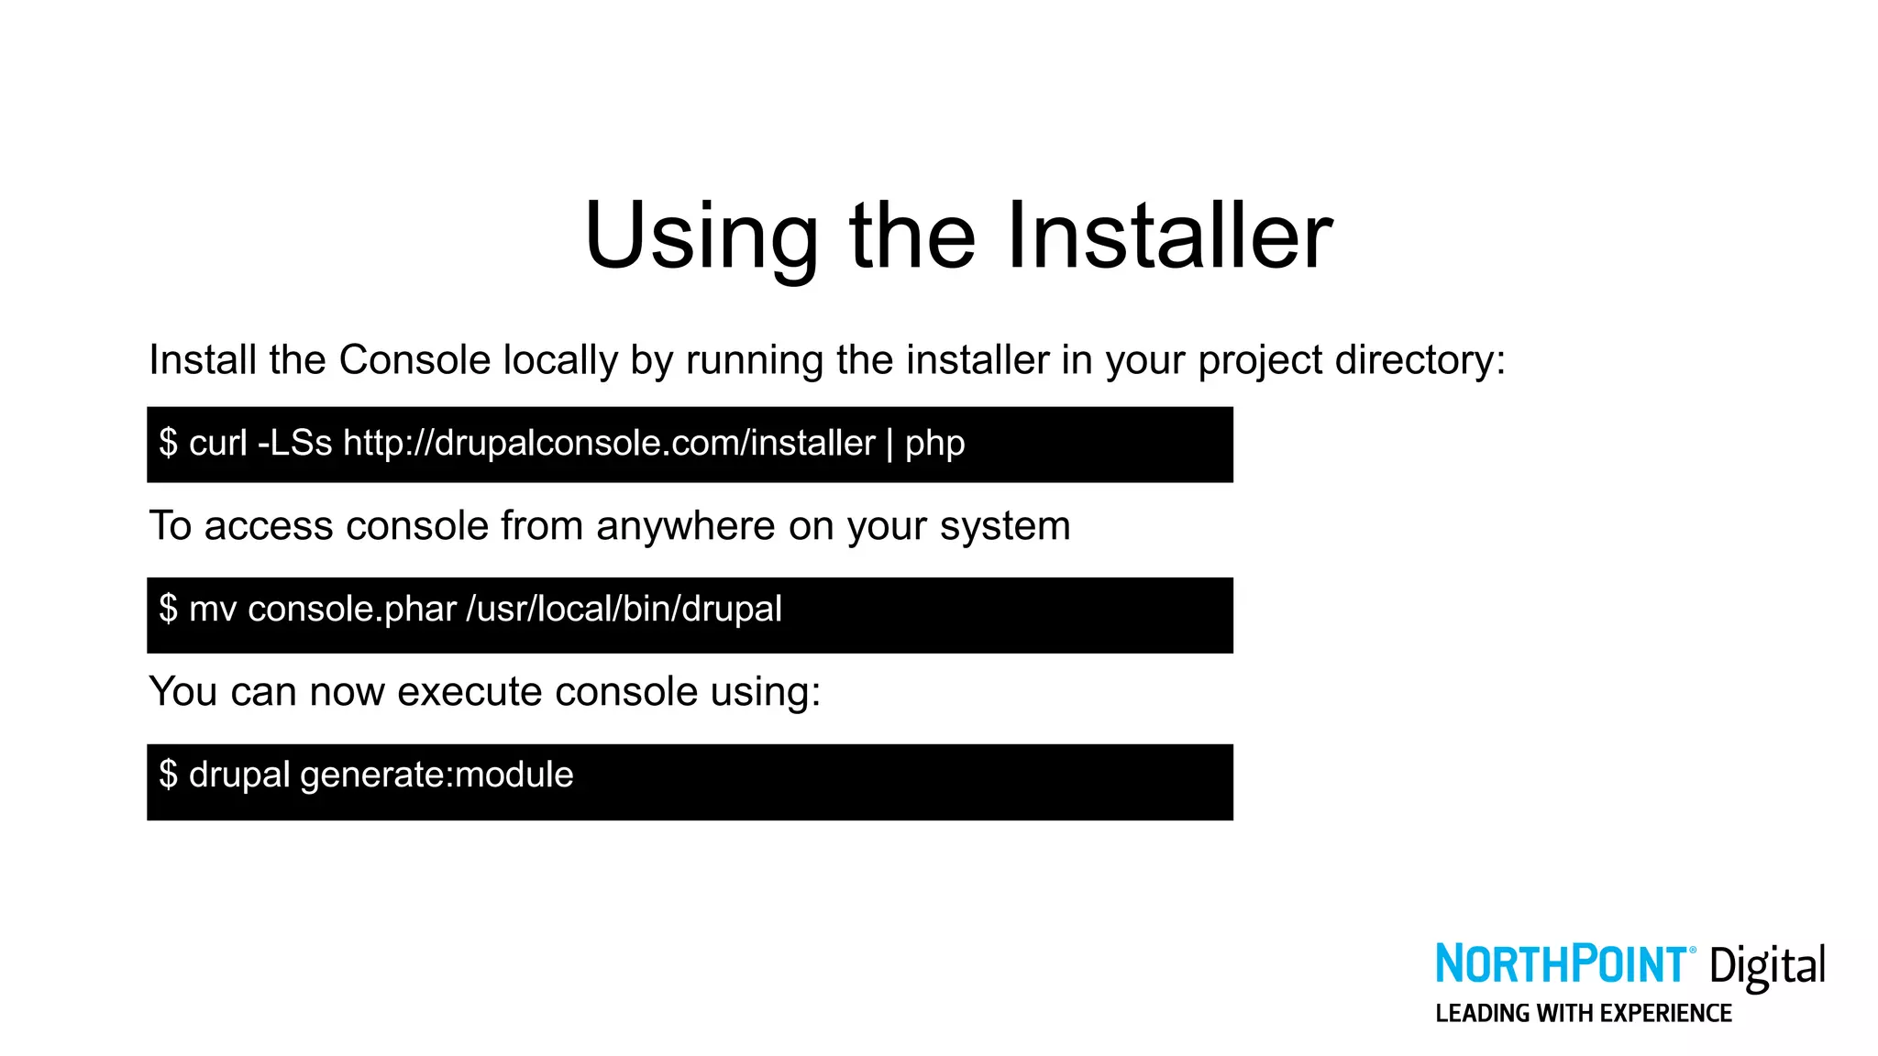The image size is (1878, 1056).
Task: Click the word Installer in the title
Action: pos(1169,236)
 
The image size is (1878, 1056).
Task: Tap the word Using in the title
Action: pos(701,236)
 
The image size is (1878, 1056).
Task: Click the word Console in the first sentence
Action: pos(415,360)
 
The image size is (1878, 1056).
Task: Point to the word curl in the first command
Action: pos(218,444)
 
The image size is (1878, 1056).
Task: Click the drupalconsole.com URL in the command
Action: pos(609,444)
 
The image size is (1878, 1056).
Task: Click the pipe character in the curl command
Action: pos(889,444)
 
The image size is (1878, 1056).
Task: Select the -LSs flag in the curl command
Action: pos(294,444)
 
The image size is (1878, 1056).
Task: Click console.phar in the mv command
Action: pos(352,610)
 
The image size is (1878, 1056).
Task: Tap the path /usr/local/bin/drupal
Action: pos(624,610)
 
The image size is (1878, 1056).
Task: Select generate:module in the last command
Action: pos(436,775)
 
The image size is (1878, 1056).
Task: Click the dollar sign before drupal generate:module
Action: pos(168,775)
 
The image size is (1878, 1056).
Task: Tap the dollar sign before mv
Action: pos(168,609)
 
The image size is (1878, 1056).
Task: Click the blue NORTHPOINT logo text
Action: pos(1560,964)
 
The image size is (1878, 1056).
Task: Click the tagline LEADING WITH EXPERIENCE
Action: pos(1584,1014)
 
